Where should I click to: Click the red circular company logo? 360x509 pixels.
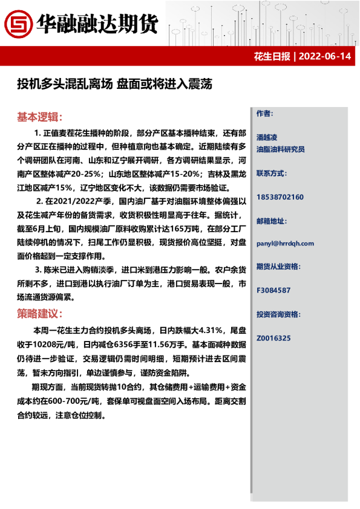tap(18, 24)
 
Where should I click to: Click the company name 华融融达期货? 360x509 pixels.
tap(97, 24)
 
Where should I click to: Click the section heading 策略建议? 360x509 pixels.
tap(39, 314)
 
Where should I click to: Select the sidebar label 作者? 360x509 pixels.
tap(264, 114)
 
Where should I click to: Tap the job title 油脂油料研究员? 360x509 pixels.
tap(280, 149)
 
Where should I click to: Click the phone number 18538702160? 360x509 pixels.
tap(280, 197)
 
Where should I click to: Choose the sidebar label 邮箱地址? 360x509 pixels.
tap(272, 221)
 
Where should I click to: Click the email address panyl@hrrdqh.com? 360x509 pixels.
tap(285, 244)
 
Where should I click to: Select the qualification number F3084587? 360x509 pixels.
tap(273, 290)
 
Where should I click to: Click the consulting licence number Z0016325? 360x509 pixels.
tap(273, 338)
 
